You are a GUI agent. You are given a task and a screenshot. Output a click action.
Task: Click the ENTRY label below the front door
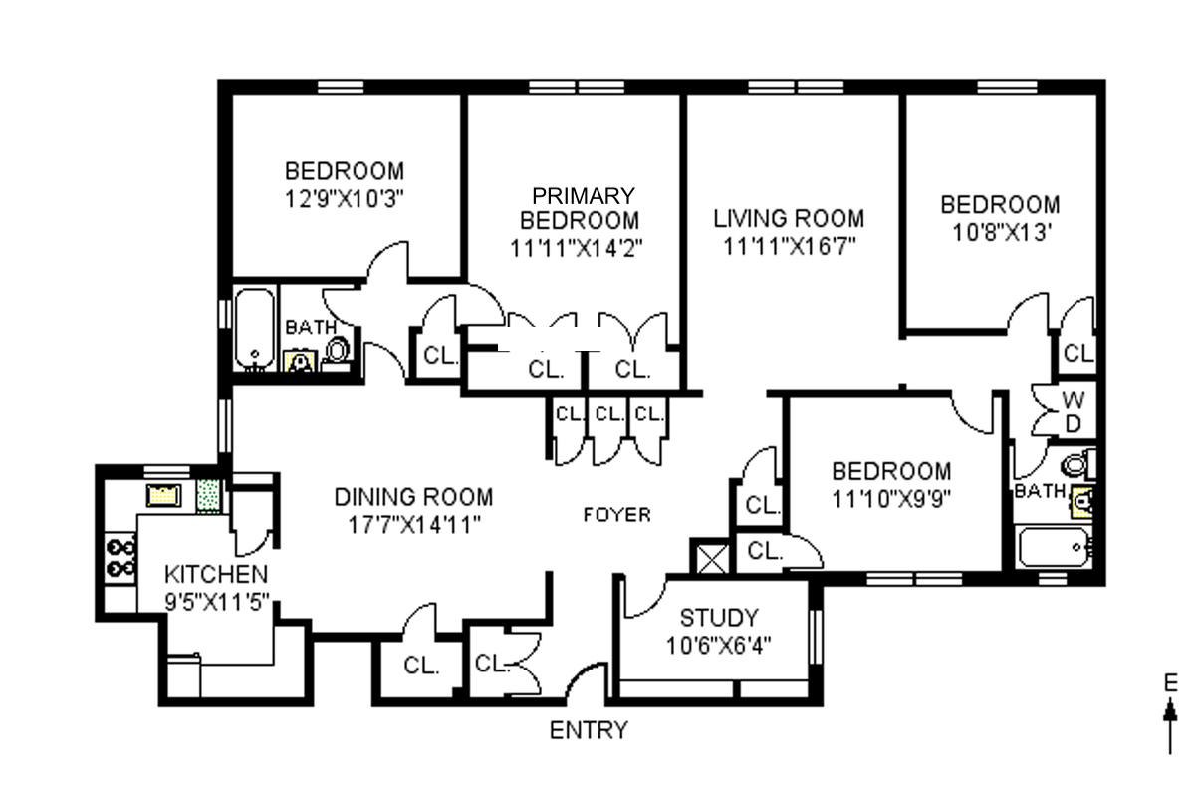tap(589, 730)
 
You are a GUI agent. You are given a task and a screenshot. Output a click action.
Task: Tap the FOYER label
tap(616, 515)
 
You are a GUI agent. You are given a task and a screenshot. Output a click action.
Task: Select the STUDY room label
tap(718, 617)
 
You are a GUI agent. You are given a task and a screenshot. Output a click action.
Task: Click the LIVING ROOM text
tap(788, 218)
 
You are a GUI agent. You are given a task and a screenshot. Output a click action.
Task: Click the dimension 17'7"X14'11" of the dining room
tap(412, 524)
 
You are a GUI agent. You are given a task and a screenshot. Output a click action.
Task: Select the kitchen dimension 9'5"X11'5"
tap(216, 601)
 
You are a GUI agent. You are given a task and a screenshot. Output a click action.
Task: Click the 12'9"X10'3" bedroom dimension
tap(345, 197)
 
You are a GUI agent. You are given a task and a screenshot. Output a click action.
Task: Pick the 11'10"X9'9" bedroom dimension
tap(891, 498)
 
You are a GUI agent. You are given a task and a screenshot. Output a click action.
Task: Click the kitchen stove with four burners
tap(120, 556)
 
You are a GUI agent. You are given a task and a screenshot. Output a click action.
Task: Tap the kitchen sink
tap(161, 495)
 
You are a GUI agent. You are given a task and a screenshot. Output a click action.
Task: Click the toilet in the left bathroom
tap(338, 351)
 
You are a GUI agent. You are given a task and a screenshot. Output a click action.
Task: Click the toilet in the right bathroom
tap(1075, 463)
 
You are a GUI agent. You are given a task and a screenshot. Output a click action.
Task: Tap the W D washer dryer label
tap(1073, 410)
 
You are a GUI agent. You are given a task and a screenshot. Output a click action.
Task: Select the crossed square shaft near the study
tap(712, 558)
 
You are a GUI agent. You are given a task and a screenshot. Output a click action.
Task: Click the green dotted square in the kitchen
tap(209, 495)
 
